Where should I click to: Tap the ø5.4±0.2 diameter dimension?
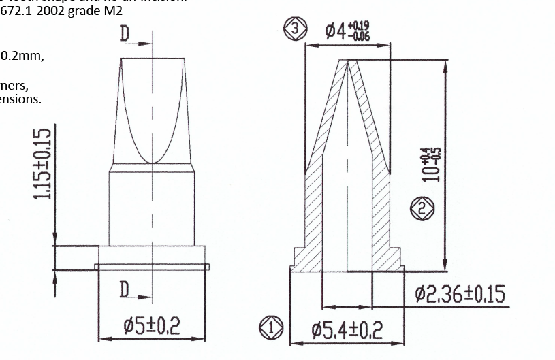tap(347, 331)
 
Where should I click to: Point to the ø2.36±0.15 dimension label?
tap(460, 295)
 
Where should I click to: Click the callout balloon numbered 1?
tap(270, 328)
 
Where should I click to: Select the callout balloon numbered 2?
tap(422, 209)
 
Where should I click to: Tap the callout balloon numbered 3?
tap(294, 29)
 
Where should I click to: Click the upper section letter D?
tap(125, 34)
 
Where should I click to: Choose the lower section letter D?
tap(125, 289)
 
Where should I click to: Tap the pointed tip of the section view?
tap(349, 63)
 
